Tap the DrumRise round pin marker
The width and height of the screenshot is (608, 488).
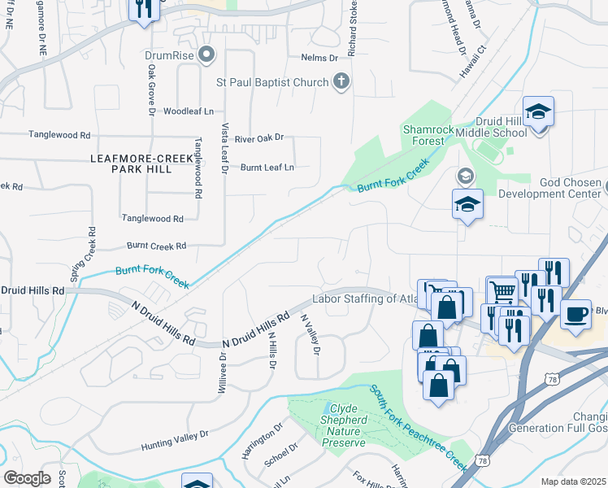206,55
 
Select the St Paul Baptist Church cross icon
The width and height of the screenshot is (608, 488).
342,81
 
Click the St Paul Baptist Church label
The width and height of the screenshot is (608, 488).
271,82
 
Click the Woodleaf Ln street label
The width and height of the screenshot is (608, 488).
189,111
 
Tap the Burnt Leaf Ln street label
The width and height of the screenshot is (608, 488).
267,168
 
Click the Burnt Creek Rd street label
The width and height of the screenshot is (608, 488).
156,246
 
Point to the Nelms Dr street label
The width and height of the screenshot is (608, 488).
319,59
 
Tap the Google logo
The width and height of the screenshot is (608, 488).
27,478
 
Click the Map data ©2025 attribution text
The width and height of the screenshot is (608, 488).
573,481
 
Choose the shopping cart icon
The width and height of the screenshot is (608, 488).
503,290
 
